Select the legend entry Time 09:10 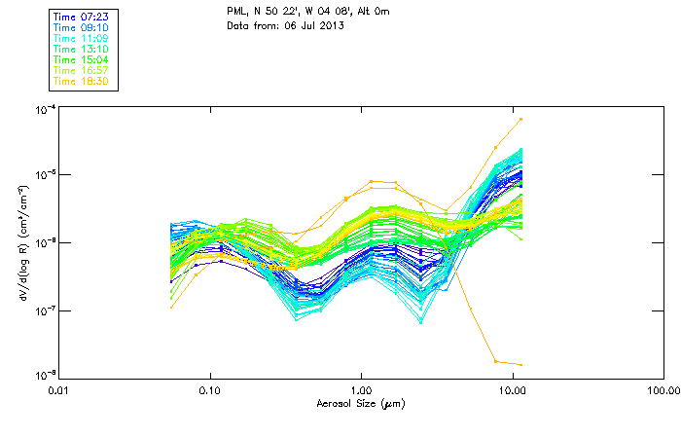(x=82, y=29)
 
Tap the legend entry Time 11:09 (x=82, y=39)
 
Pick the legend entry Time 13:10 (x=82, y=50)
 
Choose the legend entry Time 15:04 (x=82, y=60)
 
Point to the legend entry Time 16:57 (x=82, y=71)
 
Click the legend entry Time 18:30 (x=82, y=82)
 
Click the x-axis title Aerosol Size (x=360, y=402)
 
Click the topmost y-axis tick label (x=43, y=109)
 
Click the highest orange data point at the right (x=521, y=119)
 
